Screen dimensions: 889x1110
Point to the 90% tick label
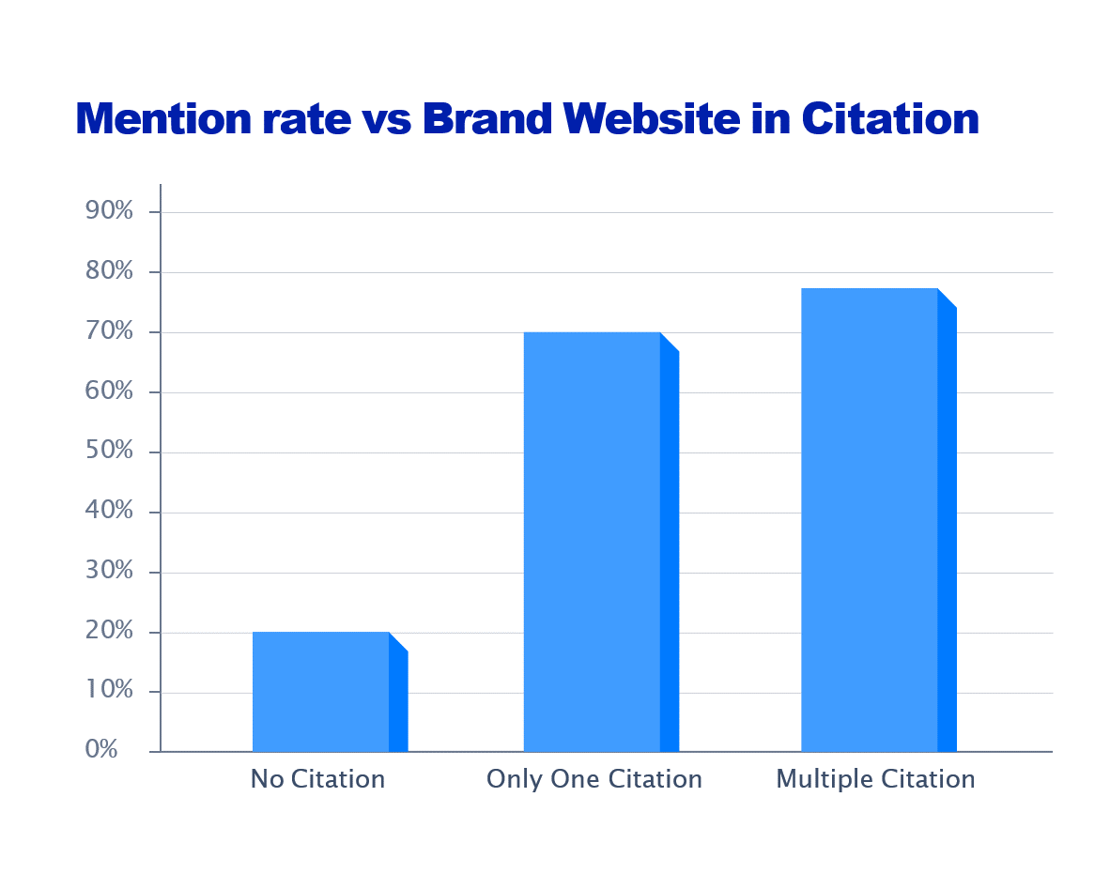pos(109,211)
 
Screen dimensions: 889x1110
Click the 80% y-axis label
pos(109,271)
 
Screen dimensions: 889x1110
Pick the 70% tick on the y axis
pos(109,331)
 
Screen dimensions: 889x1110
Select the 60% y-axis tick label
pos(109,391)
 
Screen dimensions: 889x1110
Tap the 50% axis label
pos(109,452)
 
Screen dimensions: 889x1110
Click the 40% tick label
pos(109,512)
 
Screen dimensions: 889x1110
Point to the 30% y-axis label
pos(109,572)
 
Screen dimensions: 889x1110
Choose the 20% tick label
pos(109,632)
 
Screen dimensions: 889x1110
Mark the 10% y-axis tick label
pos(109,692)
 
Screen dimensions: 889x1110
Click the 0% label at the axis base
pos(101,750)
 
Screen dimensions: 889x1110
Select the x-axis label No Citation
pos(317,779)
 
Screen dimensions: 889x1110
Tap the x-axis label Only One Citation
pos(594,779)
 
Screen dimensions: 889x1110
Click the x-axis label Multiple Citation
pos(875,779)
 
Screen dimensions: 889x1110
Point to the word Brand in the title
pos(486,119)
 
